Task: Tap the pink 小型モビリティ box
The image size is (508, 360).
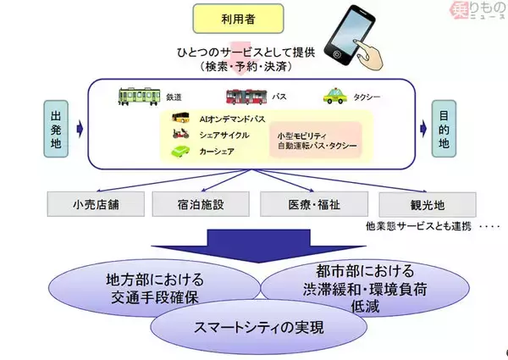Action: [x=316, y=141]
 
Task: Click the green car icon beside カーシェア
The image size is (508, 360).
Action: [x=181, y=152]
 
